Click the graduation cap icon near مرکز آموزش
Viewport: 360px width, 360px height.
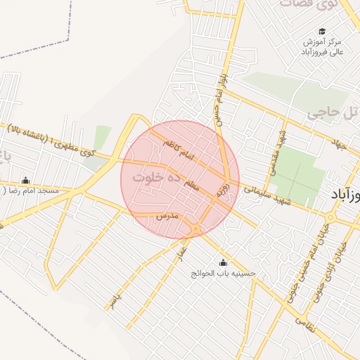(322, 31)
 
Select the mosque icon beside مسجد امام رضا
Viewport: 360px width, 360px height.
(26, 180)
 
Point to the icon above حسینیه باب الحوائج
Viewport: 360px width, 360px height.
(224, 262)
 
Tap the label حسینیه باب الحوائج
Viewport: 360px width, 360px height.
(224, 273)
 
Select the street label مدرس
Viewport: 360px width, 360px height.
(169, 215)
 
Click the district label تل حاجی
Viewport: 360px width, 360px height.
(328, 111)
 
